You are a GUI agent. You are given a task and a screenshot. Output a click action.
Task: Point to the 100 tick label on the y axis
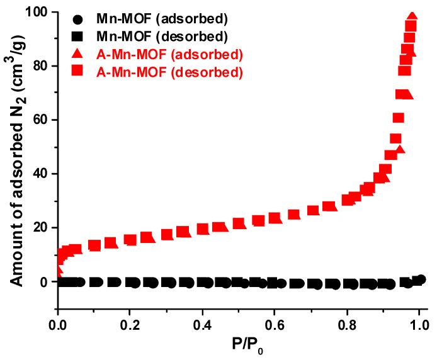point(38,12)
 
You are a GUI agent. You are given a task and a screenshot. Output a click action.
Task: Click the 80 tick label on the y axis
point(42,66)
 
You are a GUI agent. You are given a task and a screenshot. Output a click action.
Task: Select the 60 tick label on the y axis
point(42,120)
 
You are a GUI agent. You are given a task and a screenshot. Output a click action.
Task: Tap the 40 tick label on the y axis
point(42,174)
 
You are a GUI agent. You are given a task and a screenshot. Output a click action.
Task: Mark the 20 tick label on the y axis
point(42,228)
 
